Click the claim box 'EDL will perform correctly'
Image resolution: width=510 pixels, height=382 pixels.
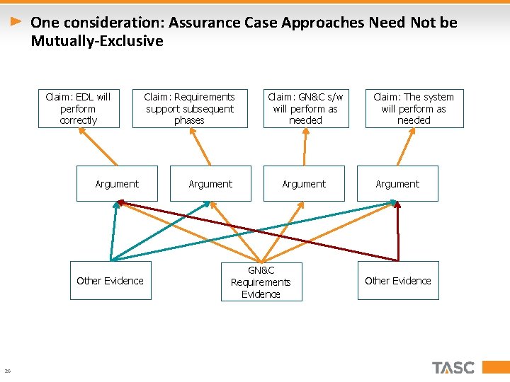(x=78, y=108)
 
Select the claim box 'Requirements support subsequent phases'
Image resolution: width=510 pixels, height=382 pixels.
(x=190, y=108)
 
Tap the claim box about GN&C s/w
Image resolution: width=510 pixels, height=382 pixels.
(x=305, y=108)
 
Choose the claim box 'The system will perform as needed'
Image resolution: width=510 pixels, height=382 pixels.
(x=414, y=108)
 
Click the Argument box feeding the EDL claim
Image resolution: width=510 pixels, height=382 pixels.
(x=117, y=184)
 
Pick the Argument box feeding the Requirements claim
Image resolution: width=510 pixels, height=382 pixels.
(x=210, y=184)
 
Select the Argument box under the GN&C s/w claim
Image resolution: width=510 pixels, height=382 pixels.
(x=304, y=184)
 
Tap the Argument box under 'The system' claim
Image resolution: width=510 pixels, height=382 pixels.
(x=397, y=184)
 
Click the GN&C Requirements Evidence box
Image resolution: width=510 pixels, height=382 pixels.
(x=261, y=282)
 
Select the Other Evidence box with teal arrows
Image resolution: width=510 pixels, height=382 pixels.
(x=110, y=281)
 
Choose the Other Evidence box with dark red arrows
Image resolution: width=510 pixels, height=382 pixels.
(x=397, y=281)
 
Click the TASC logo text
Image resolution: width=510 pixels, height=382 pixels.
(x=453, y=368)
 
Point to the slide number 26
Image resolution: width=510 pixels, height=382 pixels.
(x=7, y=371)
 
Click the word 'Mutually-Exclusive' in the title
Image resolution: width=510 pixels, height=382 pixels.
(x=97, y=41)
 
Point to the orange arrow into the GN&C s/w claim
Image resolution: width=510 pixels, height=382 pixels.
(x=305, y=146)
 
